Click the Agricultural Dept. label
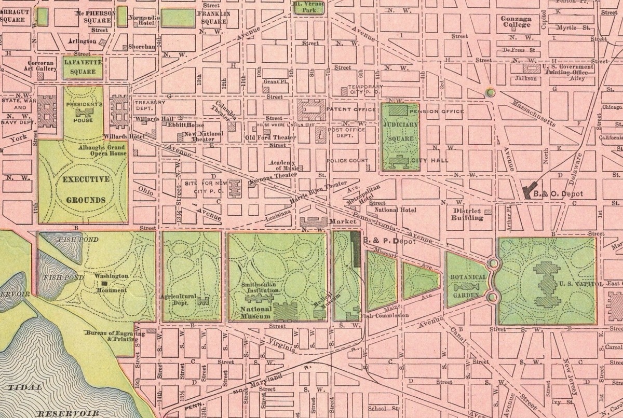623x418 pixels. (179, 299)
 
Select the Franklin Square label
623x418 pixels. (211, 18)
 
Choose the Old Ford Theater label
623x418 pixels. (270, 137)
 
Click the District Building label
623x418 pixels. (468, 214)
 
